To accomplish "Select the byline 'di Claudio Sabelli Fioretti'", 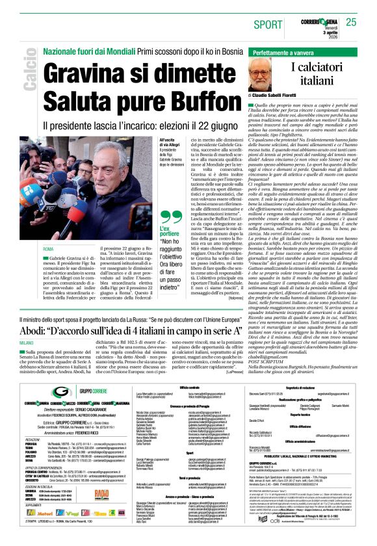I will click(287, 95).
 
